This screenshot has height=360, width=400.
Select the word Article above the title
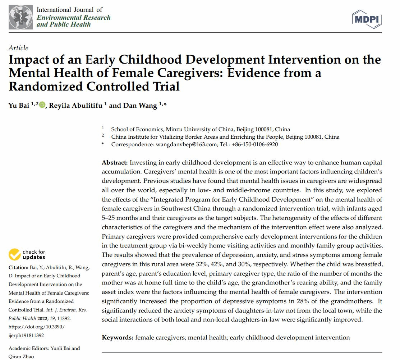(18, 48)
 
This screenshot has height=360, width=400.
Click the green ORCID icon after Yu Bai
(42, 105)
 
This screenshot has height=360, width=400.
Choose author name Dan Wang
(140, 105)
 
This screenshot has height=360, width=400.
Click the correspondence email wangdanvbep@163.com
(187, 144)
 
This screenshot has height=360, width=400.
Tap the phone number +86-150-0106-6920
(256, 144)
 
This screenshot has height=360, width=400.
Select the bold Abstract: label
(115, 163)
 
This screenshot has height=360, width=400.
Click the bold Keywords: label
(118, 337)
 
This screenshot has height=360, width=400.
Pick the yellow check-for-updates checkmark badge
(15, 254)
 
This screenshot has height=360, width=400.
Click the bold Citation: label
(18, 268)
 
